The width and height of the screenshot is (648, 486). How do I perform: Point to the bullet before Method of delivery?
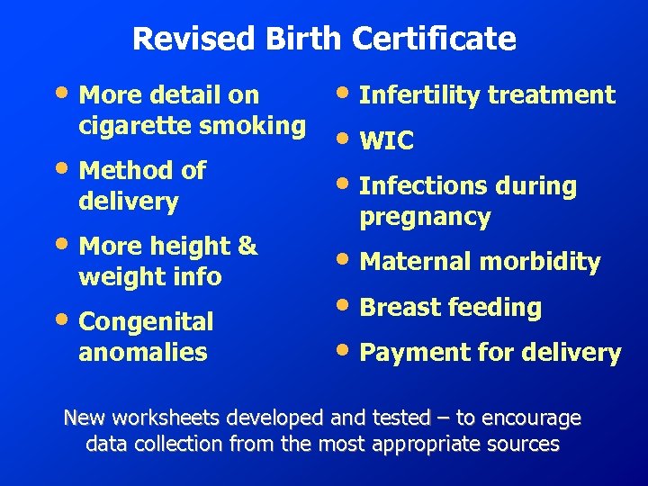tap(66, 166)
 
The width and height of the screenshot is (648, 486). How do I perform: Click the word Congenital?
tap(146, 322)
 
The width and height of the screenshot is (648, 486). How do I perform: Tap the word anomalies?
tap(143, 352)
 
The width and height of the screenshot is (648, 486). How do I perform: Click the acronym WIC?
tap(386, 141)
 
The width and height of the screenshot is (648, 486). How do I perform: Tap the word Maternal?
tap(416, 262)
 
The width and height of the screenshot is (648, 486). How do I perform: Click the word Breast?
tap(396, 307)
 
